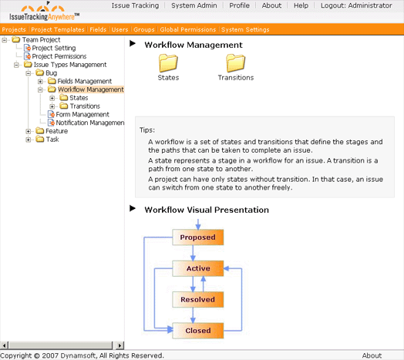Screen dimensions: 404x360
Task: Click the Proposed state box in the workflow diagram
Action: click(x=197, y=237)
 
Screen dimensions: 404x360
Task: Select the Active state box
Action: click(x=197, y=268)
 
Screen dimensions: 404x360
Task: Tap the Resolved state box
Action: click(x=197, y=299)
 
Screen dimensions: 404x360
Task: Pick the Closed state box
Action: click(x=197, y=331)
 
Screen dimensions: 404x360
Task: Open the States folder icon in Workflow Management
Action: click(x=168, y=63)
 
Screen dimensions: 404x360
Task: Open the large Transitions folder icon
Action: click(x=236, y=63)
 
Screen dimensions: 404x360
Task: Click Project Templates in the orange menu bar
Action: click(x=58, y=29)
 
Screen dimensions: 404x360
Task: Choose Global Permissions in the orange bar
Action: click(x=188, y=29)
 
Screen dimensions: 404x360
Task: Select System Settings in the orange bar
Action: click(x=245, y=29)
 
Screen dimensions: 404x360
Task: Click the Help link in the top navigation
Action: click(x=301, y=5)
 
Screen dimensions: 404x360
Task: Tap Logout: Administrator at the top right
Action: click(x=356, y=5)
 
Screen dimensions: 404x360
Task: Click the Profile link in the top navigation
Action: click(x=239, y=5)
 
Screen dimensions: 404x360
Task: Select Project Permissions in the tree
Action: click(x=59, y=56)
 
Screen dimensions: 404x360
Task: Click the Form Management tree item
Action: click(x=82, y=114)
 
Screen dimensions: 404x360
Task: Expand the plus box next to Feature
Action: click(x=29, y=131)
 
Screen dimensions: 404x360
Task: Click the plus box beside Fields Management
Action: click(x=40, y=82)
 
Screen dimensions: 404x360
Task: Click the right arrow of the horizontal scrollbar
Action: click(x=120, y=345)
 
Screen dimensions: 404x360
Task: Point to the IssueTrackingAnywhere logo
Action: click(x=44, y=12)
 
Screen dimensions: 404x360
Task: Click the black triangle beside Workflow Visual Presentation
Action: click(x=133, y=208)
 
